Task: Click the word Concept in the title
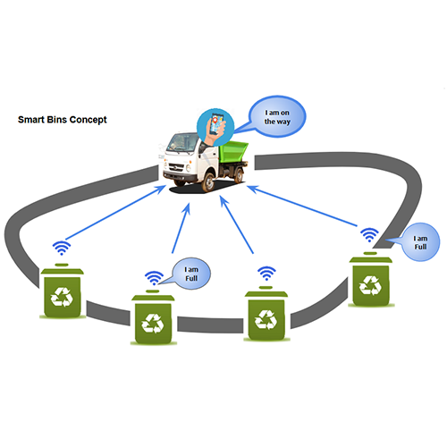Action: (x=89, y=120)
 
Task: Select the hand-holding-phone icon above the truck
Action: (x=215, y=127)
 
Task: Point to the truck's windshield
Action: (x=182, y=142)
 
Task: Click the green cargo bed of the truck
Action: (x=233, y=151)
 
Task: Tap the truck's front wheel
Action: (x=207, y=182)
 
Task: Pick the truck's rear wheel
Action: (x=239, y=175)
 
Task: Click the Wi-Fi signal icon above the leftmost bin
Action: (x=62, y=248)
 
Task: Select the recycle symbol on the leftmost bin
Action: (x=62, y=297)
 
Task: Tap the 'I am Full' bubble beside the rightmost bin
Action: (x=417, y=242)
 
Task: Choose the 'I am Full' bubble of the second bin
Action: (x=190, y=274)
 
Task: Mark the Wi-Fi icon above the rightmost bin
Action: (x=369, y=235)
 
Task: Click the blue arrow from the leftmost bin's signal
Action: (x=115, y=212)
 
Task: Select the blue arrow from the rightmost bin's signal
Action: (x=302, y=206)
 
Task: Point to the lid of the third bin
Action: (x=266, y=293)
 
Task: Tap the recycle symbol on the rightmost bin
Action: (x=370, y=285)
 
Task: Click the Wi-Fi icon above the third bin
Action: (x=266, y=274)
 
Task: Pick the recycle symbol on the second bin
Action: (x=153, y=323)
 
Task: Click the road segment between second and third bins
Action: (x=210, y=325)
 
